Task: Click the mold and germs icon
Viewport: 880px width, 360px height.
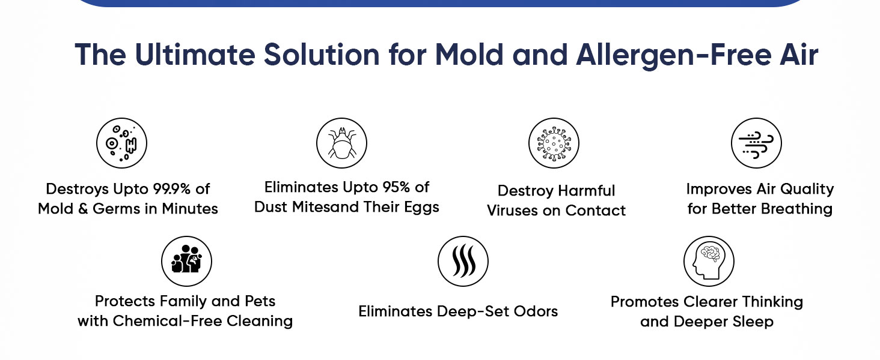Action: click(122, 143)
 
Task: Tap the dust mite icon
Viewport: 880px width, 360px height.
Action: click(342, 143)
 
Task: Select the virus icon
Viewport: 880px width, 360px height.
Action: click(554, 143)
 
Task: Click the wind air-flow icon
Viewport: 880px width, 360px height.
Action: click(756, 143)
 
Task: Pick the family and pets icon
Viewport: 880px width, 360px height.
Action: click(186, 261)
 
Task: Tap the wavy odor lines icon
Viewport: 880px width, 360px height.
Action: click(463, 261)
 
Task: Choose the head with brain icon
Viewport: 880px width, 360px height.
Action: click(709, 261)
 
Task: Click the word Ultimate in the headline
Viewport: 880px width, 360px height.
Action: click(195, 55)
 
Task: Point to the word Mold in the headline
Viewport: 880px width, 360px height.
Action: click(469, 55)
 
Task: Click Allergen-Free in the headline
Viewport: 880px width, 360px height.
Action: click(673, 56)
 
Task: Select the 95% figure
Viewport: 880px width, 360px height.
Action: click(396, 187)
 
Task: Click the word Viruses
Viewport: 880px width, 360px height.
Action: click(512, 211)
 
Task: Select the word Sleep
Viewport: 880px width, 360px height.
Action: click(753, 322)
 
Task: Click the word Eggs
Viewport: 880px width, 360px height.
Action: click(421, 208)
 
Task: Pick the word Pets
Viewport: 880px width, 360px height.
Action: click(260, 301)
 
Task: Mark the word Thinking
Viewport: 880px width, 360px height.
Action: click(772, 302)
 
